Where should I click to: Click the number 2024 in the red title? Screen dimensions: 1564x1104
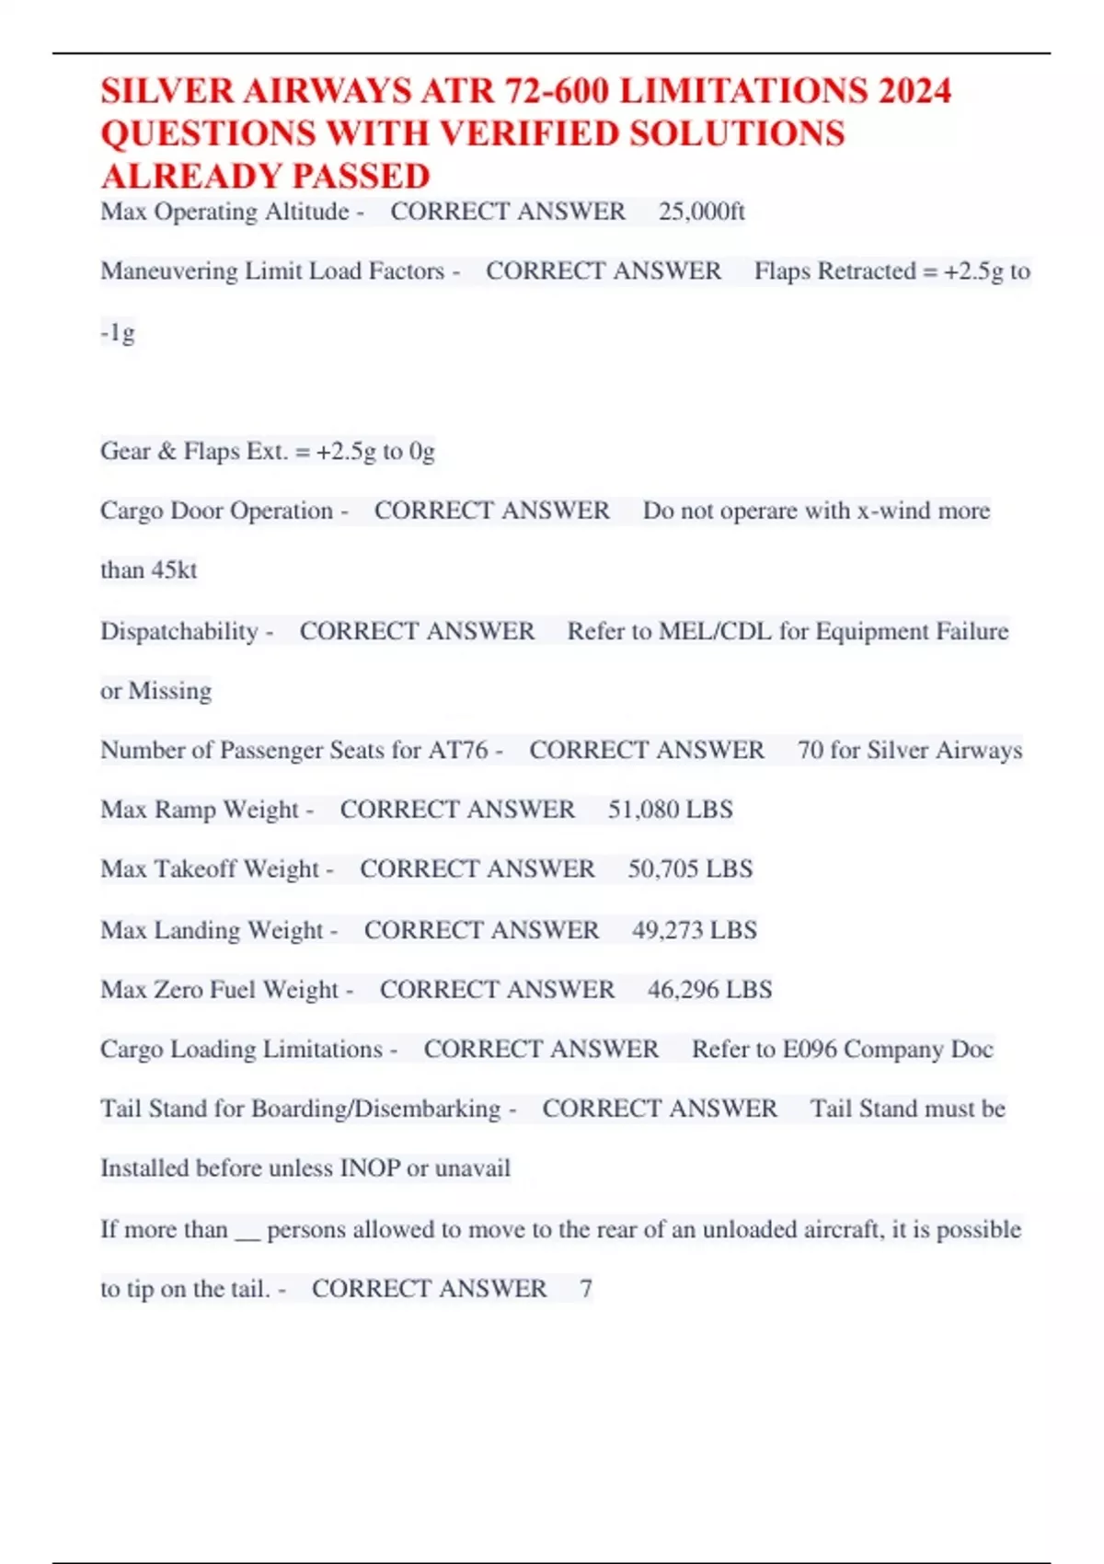914,91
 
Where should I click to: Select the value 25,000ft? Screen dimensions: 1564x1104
701,212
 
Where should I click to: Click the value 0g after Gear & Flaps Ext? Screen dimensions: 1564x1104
422,451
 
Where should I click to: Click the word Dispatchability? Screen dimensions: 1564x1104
179,631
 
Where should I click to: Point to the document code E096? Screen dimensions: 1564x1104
810,1049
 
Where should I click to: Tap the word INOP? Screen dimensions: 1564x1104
370,1168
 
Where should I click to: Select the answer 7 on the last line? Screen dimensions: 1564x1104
586,1288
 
